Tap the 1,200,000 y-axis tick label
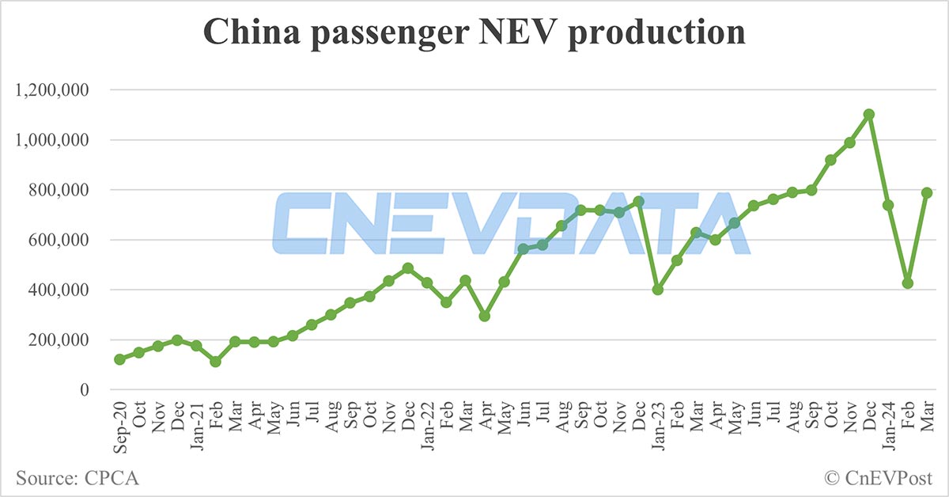click(53, 90)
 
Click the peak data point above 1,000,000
click(869, 114)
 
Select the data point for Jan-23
click(658, 290)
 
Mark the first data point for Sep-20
click(119, 359)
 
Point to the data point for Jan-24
click(888, 205)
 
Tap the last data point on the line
click(927, 192)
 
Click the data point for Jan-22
click(427, 283)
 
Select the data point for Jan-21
click(196, 346)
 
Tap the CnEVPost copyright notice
click(878, 477)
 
